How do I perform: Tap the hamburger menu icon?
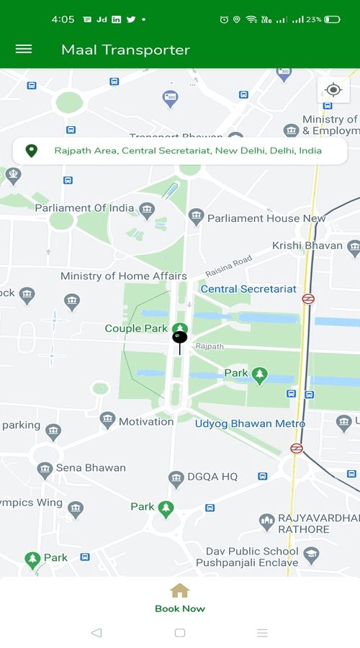[24, 49]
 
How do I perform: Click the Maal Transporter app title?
[125, 50]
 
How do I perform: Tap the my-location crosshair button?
[333, 90]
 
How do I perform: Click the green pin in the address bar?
[31, 151]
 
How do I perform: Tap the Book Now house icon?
[179, 591]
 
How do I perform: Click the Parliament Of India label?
[84, 208]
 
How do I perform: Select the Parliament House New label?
[266, 217]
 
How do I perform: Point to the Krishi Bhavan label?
[307, 246]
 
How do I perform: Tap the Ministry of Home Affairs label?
[123, 276]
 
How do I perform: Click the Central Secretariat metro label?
[248, 289]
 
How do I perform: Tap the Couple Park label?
[136, 328]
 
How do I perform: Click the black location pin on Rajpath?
[180, 338]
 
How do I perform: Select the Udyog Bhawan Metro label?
[250, 423]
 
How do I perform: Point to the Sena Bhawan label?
[91, 468]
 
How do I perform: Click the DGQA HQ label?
[212, 477]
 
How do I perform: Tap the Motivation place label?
[146, 421]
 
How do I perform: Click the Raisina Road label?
[228, 266]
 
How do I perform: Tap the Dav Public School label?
[251, 552]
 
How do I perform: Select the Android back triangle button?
[96, 633]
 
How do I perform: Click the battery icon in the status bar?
[332, 19]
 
